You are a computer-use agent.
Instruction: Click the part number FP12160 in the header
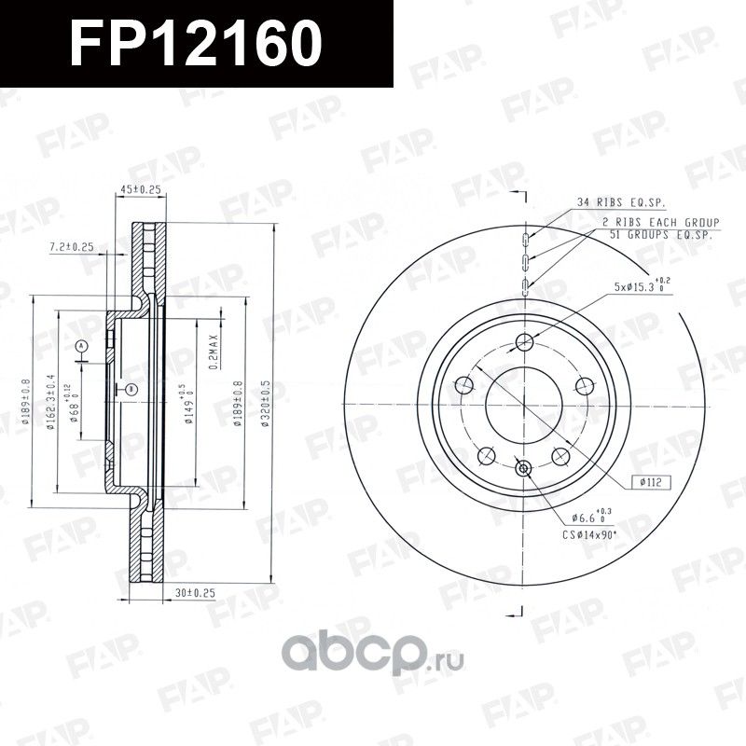pos(197,44)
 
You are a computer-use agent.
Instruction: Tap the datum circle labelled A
pos(81,347)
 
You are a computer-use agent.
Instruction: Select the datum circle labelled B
pos(131,388)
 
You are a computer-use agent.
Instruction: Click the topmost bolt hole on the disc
pos(523,339)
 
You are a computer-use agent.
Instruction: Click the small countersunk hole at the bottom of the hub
pos(522,467)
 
